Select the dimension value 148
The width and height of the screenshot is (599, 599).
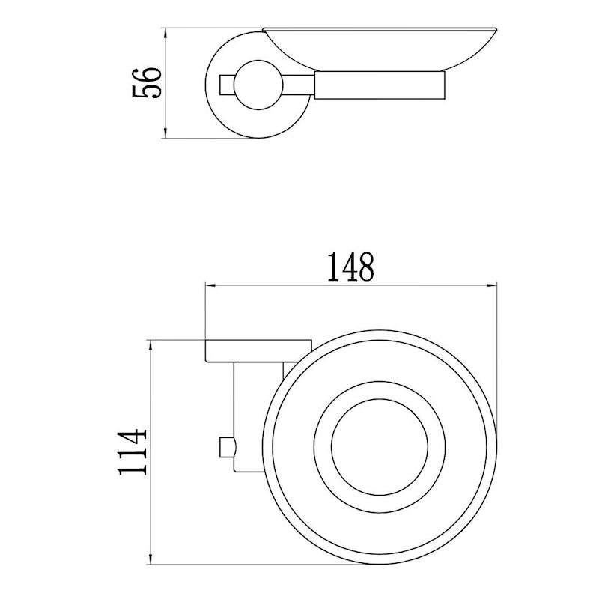click(x=350, y=267)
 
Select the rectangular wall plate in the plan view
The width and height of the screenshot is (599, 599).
click(x=258, y=350)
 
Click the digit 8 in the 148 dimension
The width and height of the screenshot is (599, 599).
click(x=365, y=267)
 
